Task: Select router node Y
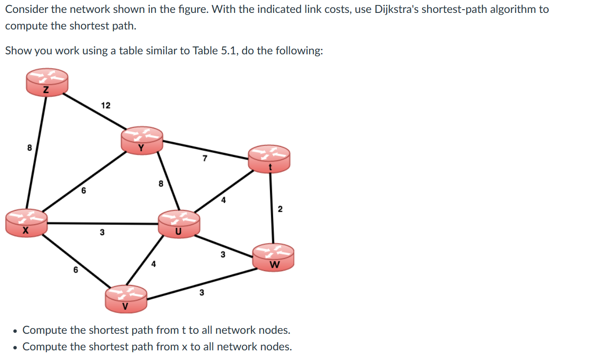pos(142,139)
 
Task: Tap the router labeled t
pos(269,159)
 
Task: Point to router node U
pos(179,223)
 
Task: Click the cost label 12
pos(105,105)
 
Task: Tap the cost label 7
pos(205,159)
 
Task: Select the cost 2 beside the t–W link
pos(280,209)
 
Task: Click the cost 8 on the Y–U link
pos(160,184)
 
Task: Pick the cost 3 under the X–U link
pos(102,233)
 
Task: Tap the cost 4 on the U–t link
pos(223,200)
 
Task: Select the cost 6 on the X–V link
pos(75,271)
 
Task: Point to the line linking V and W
pos(200,284)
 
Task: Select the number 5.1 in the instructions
pos(228,50)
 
